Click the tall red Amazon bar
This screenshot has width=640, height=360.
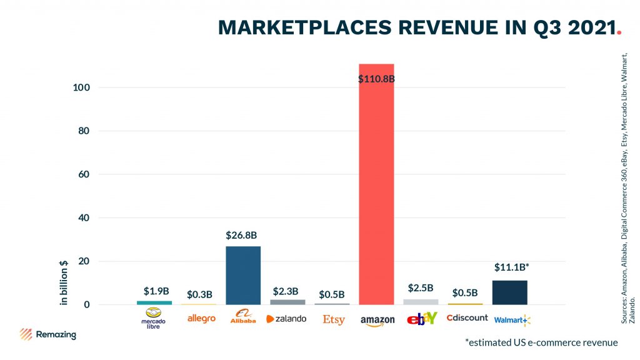pyautogui.click(x=376, y=187)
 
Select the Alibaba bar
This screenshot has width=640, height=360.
pyautogui.click(x=243, y=275)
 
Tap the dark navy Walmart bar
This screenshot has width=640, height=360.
pyautogui.click(x=510, y=292)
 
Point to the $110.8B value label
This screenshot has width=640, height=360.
pyautogui.click(x=376, y=79)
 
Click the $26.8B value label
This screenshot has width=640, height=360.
pyautogui.click(x=242, y=236)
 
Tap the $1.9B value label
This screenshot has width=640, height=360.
pyautogui.click(x=155, y=291)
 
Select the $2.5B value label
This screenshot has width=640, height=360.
pyautogui.click(x=420, y=288)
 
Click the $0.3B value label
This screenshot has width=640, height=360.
pyautogui.click(x=199, y=294)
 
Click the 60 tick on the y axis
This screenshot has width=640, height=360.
pyautogui.click(x=84, y=174)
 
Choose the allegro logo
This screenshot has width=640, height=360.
pyautogui.click(x=201, y=319)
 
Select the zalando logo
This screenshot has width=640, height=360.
pyautogui.click(x=286, y=319)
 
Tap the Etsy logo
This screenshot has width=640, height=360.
pyautogui.click(x=334, y=319)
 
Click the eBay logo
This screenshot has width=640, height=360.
pyautogui.click(x=422, y=319)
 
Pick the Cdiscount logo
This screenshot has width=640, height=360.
pyautogui.click(x=467, y=317)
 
